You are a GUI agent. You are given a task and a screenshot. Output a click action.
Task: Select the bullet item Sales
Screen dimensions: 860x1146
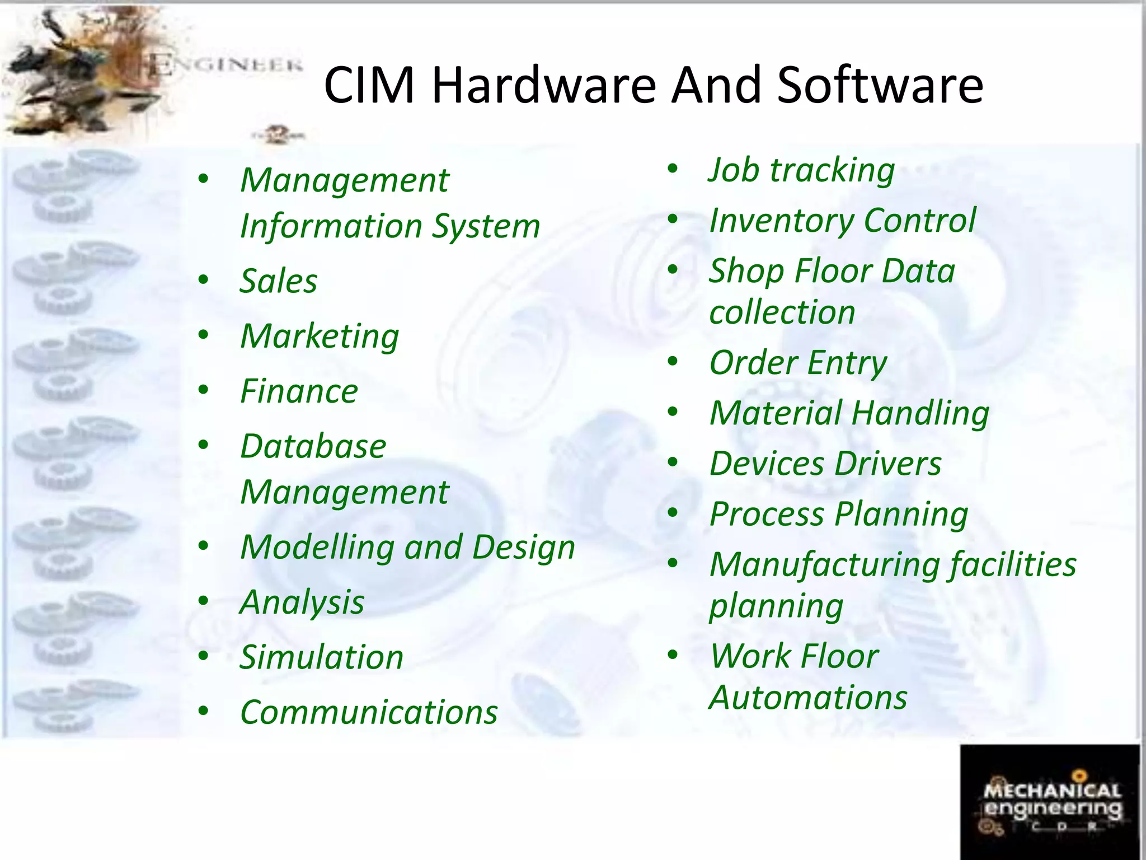click(278, 281)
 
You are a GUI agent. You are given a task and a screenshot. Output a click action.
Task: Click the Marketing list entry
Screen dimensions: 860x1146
click(320, 336)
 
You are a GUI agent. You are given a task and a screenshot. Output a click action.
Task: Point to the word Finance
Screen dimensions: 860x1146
click(299, 391)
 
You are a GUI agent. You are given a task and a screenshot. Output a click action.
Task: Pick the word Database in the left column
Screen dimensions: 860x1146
click(313, 447)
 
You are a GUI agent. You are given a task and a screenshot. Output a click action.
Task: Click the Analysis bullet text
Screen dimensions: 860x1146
click(302, 602)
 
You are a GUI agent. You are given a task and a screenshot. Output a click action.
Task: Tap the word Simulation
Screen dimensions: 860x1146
click(321, 657)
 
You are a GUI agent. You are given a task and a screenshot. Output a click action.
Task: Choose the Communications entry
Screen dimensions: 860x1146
click(369, 713)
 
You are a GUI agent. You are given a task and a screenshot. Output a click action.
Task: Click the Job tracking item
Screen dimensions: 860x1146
click(801, 170)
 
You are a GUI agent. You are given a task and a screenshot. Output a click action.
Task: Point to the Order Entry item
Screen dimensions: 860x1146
click(798, 363)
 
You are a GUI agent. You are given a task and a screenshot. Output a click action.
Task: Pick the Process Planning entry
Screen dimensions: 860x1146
click(838, 515)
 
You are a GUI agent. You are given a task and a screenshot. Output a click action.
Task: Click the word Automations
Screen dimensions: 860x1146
click(808, 698)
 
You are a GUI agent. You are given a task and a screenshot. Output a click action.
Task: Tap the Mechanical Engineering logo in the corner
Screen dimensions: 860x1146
click(1050, 801)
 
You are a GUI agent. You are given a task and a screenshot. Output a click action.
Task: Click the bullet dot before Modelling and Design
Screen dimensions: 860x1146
click(203, 545)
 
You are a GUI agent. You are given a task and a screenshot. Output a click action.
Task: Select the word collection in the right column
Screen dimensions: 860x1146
click(782, 312)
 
